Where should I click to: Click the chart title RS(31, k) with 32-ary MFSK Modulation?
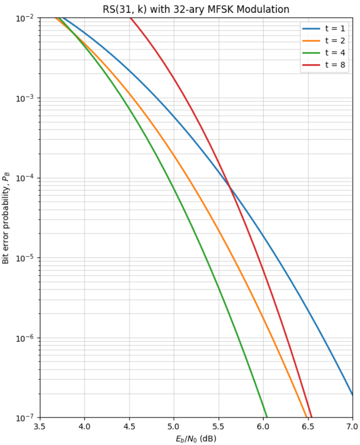(x=196, y=9)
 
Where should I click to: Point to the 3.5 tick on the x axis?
(x=40, y=426)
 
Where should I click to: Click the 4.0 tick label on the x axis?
(x=84, y=426)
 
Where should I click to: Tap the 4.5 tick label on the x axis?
(x=129, y=426)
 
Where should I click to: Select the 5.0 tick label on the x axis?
(x=174, y=426)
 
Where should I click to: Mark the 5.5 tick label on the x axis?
(x=219, y=426)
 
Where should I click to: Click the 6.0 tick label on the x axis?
(x=263, y=426)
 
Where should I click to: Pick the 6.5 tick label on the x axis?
(x=308, y=426)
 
